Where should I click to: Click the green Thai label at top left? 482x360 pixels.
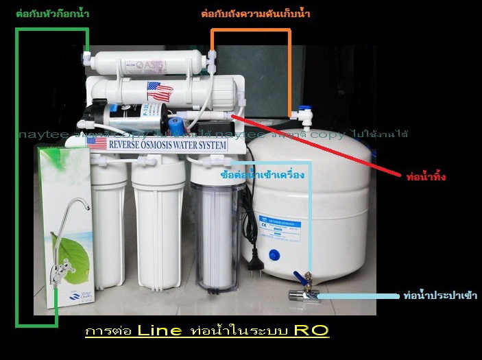(53, 14)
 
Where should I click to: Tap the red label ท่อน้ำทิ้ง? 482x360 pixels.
(426, 177)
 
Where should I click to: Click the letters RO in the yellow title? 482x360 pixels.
(311, 331)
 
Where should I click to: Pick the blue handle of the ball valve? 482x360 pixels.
(300, 278)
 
